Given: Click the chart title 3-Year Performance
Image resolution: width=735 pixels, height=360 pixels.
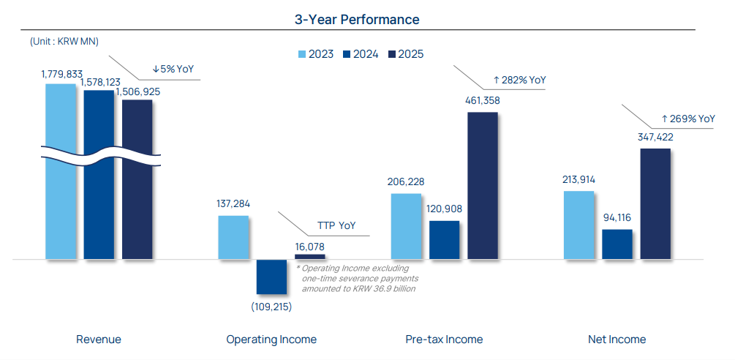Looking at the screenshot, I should point(357,20).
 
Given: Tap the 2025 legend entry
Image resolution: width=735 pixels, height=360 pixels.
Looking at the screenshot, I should point(406,53).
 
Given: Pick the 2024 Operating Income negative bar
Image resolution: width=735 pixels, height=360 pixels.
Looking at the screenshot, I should point(271,277).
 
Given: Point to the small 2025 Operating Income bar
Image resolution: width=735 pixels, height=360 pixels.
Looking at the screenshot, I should point(309,257).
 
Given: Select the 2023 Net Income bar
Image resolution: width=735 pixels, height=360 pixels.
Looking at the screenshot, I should point(579,225).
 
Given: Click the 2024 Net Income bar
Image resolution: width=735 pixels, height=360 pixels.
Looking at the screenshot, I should point(617,244).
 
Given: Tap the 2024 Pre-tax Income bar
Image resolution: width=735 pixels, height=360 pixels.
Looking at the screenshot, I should point(445,240).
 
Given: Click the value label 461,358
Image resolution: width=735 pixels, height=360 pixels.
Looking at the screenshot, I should point(483,100).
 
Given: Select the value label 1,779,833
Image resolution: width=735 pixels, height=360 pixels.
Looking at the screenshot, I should point(62,73).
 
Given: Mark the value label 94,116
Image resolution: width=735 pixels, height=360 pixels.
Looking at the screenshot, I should point(617,217).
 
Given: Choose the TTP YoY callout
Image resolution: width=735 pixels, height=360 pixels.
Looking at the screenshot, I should point(336,225).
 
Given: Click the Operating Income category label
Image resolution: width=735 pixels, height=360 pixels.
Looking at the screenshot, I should point(271,340).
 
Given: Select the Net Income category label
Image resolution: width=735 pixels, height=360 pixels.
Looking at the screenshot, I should point(617,340).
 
